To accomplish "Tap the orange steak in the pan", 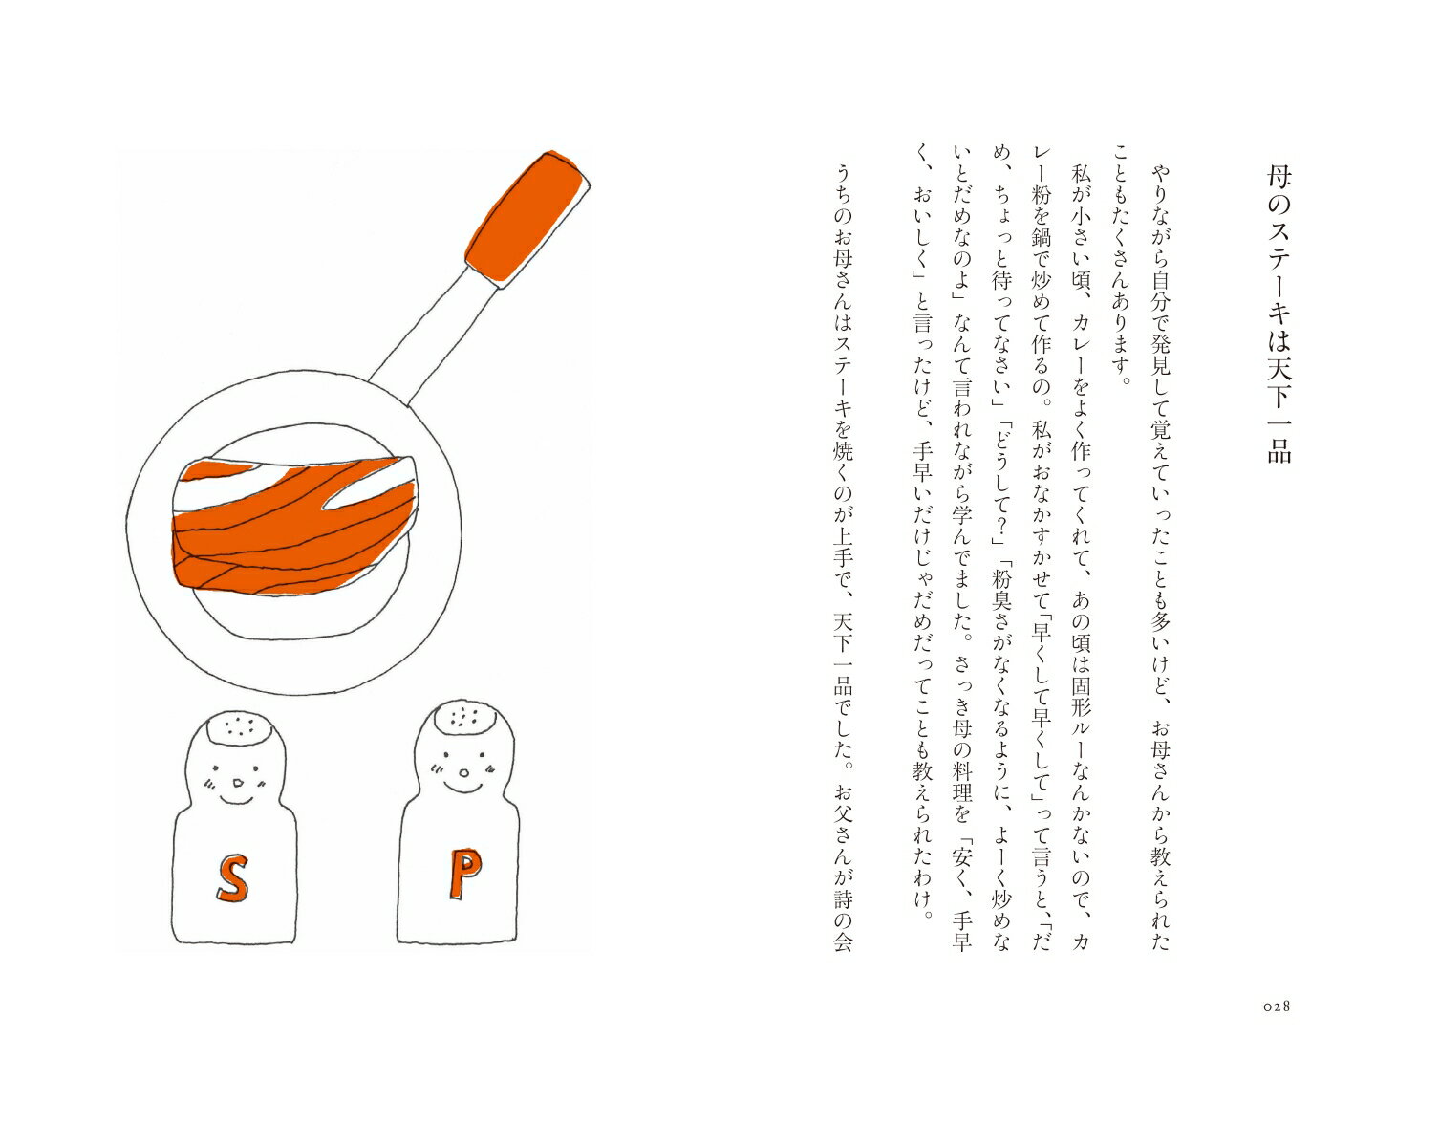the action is point(294,527).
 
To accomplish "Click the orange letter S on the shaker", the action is point(233,876).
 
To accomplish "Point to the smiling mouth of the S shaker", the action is point(235,799).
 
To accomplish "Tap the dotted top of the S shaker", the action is point(239,727).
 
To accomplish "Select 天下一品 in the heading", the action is point(1279,410).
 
